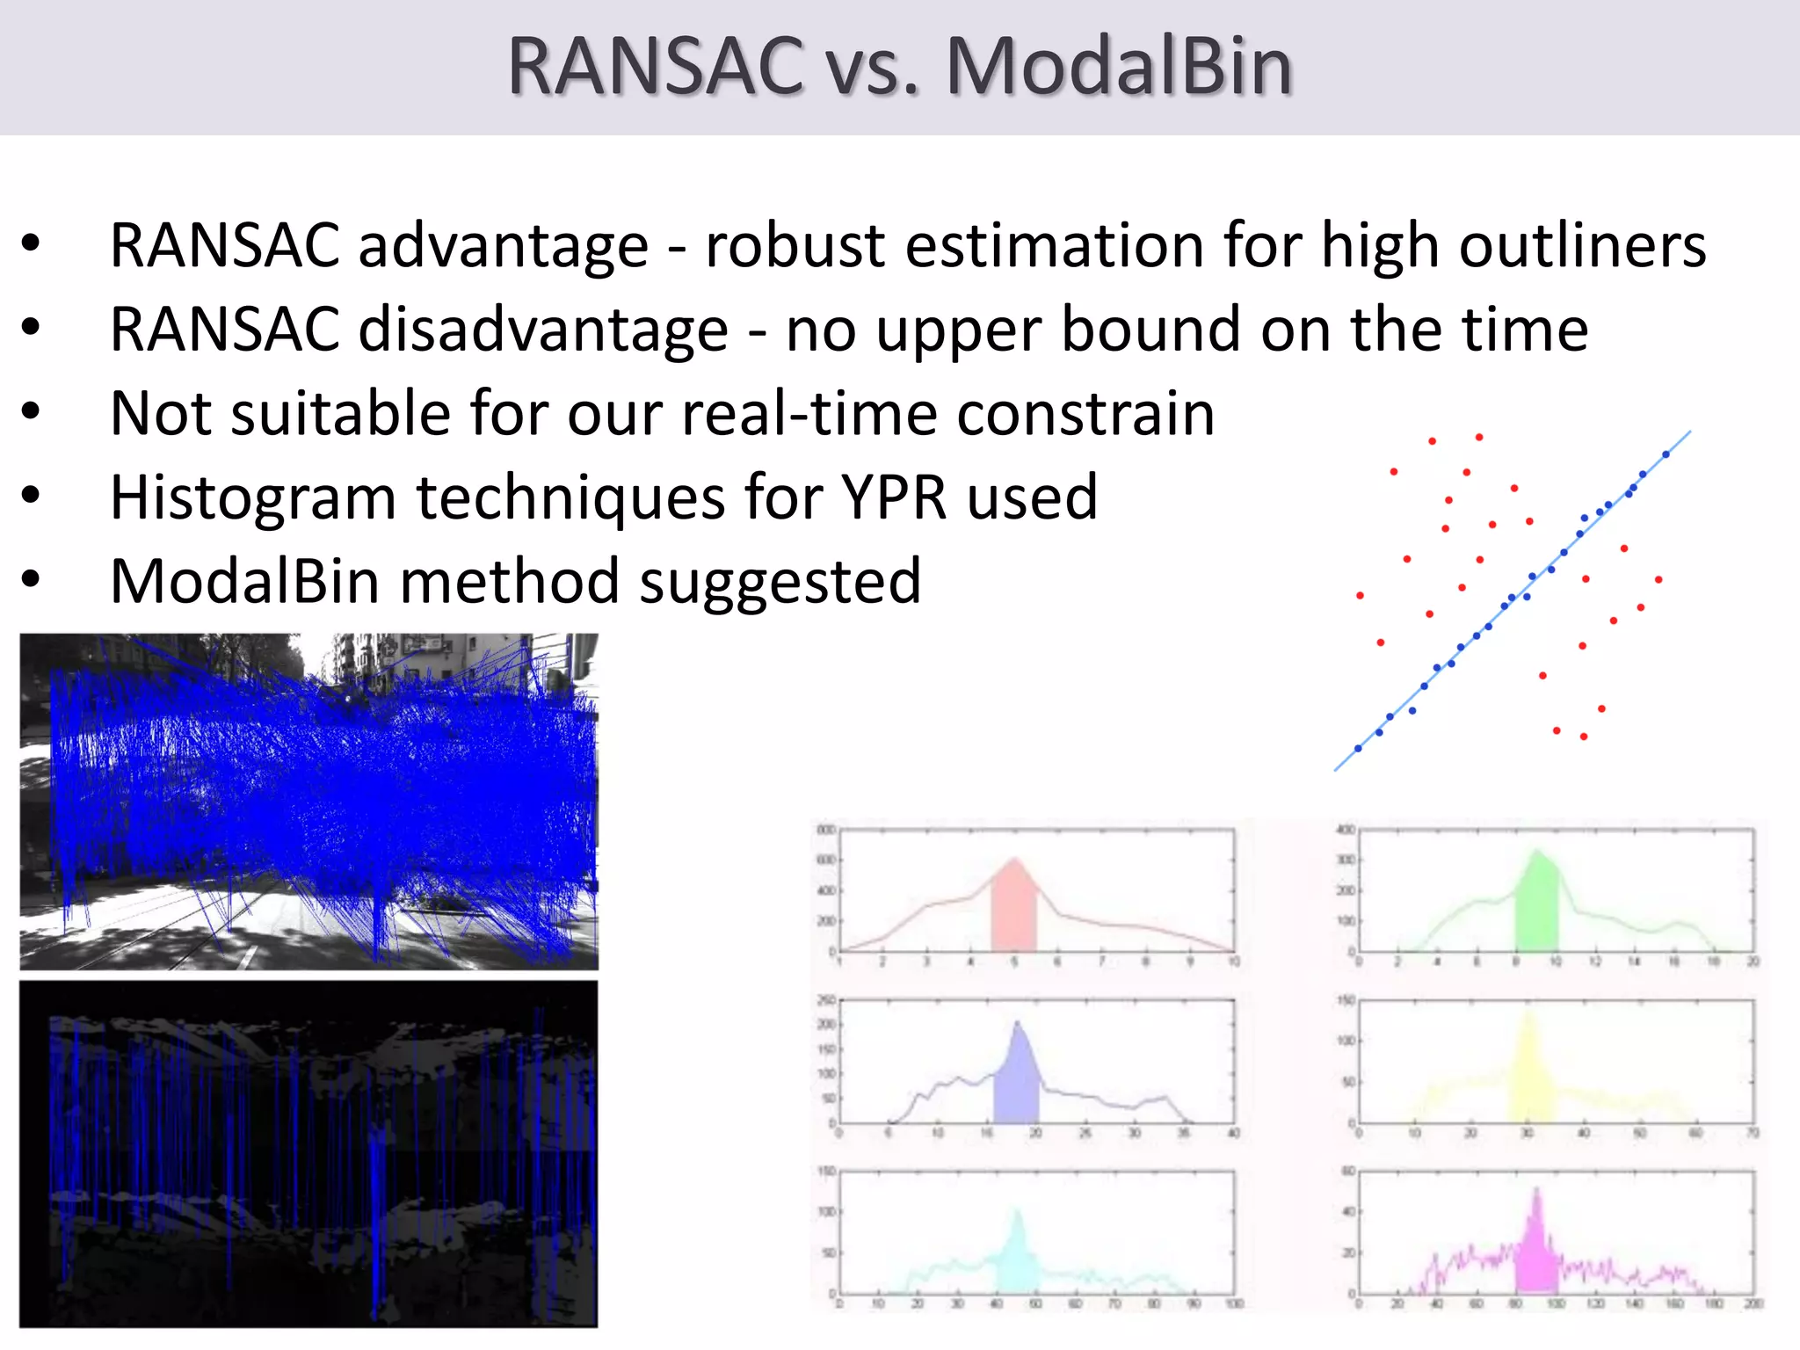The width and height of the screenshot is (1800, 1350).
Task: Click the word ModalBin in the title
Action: click(x=1118, y=67)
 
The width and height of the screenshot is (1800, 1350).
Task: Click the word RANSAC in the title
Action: click(x=655, y=67)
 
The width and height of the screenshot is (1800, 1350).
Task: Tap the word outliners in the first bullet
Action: click(x=1582, y=245)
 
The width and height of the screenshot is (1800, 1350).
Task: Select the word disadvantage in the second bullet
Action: click(x=543, y=330)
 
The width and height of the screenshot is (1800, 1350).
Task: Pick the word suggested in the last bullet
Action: click(x=780, y=582)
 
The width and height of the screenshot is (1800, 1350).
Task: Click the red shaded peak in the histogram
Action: click(x=1013, y=910)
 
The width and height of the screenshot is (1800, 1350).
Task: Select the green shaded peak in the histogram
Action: click(x=1536, y=905)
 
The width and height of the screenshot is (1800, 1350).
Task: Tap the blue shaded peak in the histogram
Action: click(x=1017, y=1081)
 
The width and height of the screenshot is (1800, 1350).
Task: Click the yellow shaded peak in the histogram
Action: click(x=1530, y=1077)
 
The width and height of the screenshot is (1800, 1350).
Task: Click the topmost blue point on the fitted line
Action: click(x=1666, y=454)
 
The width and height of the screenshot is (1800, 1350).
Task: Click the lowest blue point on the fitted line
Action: click(x=1358, y=749)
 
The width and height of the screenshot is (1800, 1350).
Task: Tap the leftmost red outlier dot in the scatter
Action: click(x=1360, y=596)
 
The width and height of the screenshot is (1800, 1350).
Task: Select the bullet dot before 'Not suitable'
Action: click(x=31, y=411)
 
